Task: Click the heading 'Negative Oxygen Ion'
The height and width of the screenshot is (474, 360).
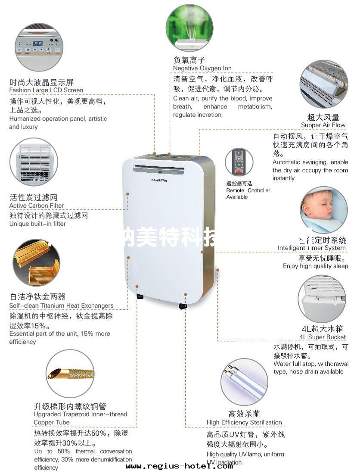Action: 202,68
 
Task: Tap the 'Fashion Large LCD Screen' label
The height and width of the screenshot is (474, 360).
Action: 46,90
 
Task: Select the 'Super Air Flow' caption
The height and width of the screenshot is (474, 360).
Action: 323,125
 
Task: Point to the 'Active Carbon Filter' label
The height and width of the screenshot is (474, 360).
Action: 37,206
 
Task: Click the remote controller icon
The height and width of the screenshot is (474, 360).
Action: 239,162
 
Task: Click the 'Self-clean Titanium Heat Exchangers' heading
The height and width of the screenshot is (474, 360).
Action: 61,306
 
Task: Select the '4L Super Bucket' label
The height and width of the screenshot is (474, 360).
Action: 323,337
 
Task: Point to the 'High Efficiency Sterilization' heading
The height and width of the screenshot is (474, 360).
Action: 244,422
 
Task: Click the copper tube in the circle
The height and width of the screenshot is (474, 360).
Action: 69,373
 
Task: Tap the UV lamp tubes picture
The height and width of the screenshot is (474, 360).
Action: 244,381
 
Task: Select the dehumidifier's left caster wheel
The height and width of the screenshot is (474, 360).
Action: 140,297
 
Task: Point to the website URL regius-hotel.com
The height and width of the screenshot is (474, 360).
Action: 179,466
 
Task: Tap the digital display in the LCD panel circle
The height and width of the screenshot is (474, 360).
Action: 38,44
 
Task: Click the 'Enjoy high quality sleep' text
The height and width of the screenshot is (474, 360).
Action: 315,266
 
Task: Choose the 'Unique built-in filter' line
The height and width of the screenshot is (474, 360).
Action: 37,224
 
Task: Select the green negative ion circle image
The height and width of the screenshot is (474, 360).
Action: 189,27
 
